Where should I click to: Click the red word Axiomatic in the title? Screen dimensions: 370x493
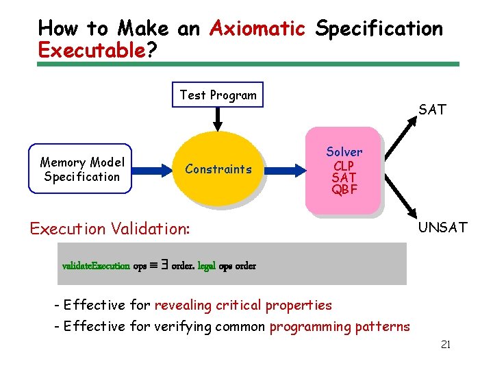click(x=257, y=29)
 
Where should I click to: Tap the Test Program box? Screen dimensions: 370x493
click(x=218, y=95)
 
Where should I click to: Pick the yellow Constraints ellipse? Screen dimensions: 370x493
click(x=218, y=169)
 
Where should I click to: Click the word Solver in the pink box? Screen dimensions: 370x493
click(x=344, y=151)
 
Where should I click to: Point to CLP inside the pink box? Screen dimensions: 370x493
click(x=344, y=165)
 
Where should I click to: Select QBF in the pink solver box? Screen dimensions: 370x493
click(x=344, y=190)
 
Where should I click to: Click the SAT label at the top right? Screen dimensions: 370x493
click(x=432, y=109)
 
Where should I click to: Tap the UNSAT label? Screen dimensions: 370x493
click(x=442, y=227)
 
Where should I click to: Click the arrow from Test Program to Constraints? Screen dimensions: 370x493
click(x=218, y=119)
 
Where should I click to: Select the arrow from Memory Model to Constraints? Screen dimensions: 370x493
click(x=151, y=169)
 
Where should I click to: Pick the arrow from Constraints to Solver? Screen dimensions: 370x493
click(x=285, y=169)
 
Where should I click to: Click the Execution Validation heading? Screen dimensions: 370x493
click(x=110, y=228)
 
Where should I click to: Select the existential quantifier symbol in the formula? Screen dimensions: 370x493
click(x=164, y=264)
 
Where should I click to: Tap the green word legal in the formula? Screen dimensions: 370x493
click(x=206, y=266)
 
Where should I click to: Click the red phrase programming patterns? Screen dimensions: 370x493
click(x=340, y=327)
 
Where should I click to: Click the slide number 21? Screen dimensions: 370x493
click(x=445, y=345)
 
